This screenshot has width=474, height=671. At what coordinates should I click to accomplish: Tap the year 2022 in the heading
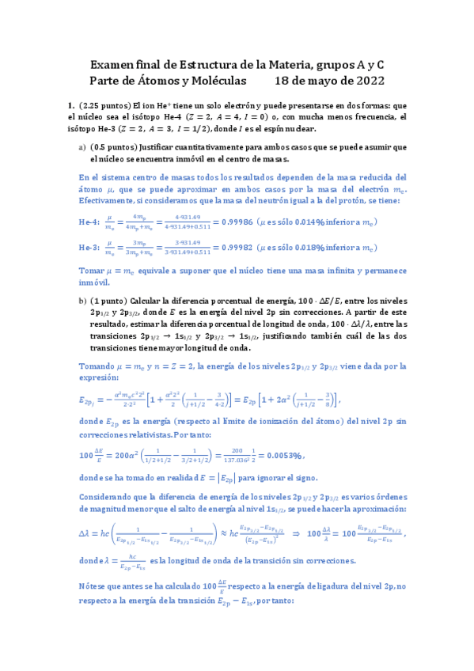click(x=368, y=80)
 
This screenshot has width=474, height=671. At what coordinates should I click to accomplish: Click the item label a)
click(x=82, y=147)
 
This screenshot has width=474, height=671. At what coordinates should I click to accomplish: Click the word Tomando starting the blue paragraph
click(x=98, y=366)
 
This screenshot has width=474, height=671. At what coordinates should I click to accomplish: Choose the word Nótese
click(x=93, y=608)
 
